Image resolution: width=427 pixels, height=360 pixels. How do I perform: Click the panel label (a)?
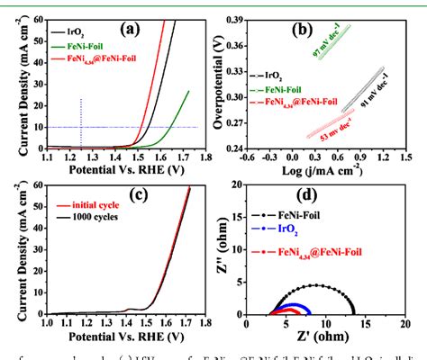pos(133,29)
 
